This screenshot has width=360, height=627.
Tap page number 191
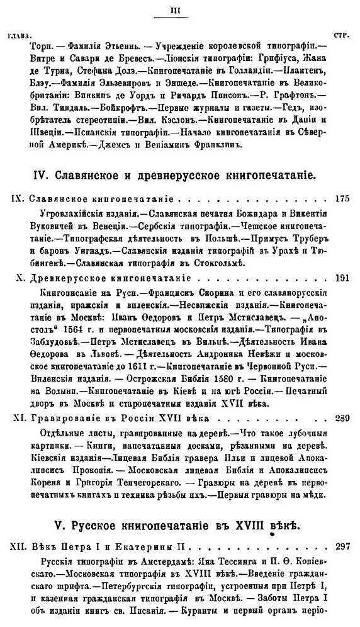(342, 277)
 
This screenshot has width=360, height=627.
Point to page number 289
(342, 417)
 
